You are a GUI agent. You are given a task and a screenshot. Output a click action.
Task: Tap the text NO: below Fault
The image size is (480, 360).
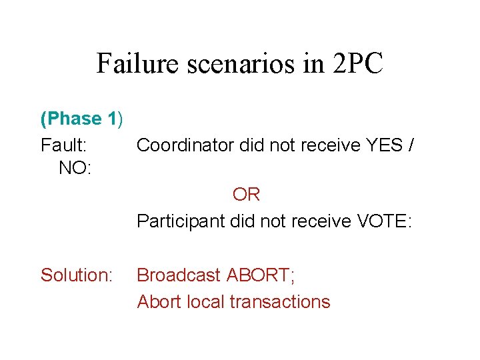point(75,169)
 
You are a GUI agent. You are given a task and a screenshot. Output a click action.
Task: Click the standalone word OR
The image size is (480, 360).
point(246,195)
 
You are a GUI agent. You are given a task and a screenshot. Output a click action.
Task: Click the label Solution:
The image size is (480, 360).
point(76,275)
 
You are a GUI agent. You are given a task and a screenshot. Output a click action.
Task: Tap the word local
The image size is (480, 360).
point(205,302)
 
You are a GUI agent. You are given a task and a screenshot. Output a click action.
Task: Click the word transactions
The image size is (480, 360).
point(280,302)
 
